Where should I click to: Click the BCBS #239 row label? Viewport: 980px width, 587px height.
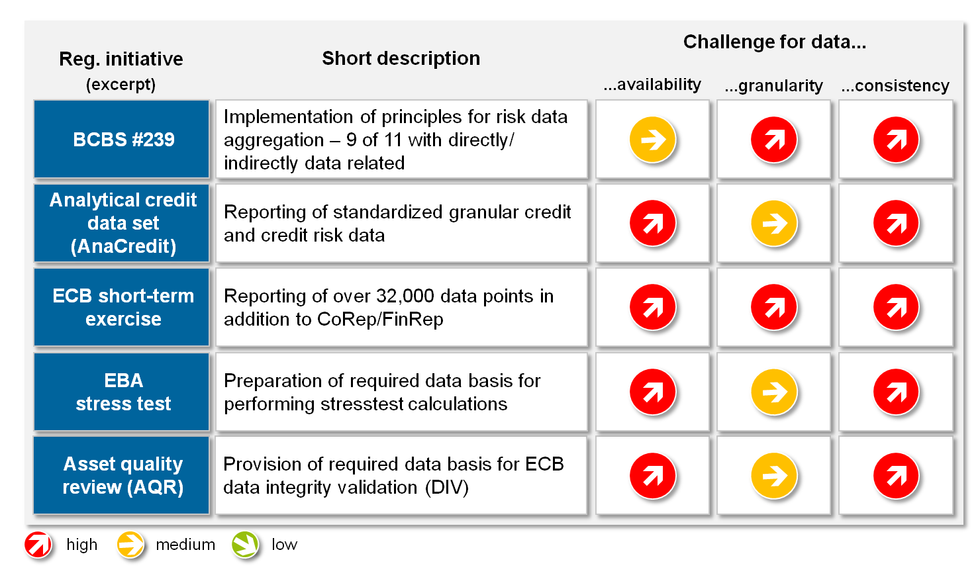pos(123,140)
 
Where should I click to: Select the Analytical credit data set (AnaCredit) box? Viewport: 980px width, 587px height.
pos(123,223)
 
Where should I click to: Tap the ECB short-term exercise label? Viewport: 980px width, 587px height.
pos(123,307)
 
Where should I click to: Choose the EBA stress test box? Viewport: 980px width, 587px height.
pos(123,392)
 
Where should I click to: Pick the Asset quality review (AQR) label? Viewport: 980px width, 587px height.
pos(123,475)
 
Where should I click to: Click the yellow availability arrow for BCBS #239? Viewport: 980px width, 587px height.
pos(653,140)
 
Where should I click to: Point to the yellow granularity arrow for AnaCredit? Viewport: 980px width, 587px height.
pos(774,223)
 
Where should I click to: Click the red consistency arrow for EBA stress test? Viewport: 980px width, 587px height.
pos(896,392)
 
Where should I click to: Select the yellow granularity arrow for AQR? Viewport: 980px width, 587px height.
pos(774,475)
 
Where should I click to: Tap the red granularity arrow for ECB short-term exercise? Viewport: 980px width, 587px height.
pos(774,307)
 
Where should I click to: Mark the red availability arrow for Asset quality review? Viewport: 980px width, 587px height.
pos(653,475)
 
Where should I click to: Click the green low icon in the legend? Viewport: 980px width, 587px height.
pos(246,545)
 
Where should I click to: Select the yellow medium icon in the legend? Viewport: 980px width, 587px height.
pos(130,545)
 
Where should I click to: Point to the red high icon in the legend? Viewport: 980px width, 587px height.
pos(38,545)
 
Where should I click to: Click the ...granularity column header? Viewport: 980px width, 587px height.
pos(773,86)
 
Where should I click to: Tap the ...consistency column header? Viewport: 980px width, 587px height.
pos(895,86)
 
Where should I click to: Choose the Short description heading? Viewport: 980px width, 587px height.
pos(401,58)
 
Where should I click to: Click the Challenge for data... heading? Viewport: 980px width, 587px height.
pos(774,42)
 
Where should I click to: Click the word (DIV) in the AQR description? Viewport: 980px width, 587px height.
pos(447,488)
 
